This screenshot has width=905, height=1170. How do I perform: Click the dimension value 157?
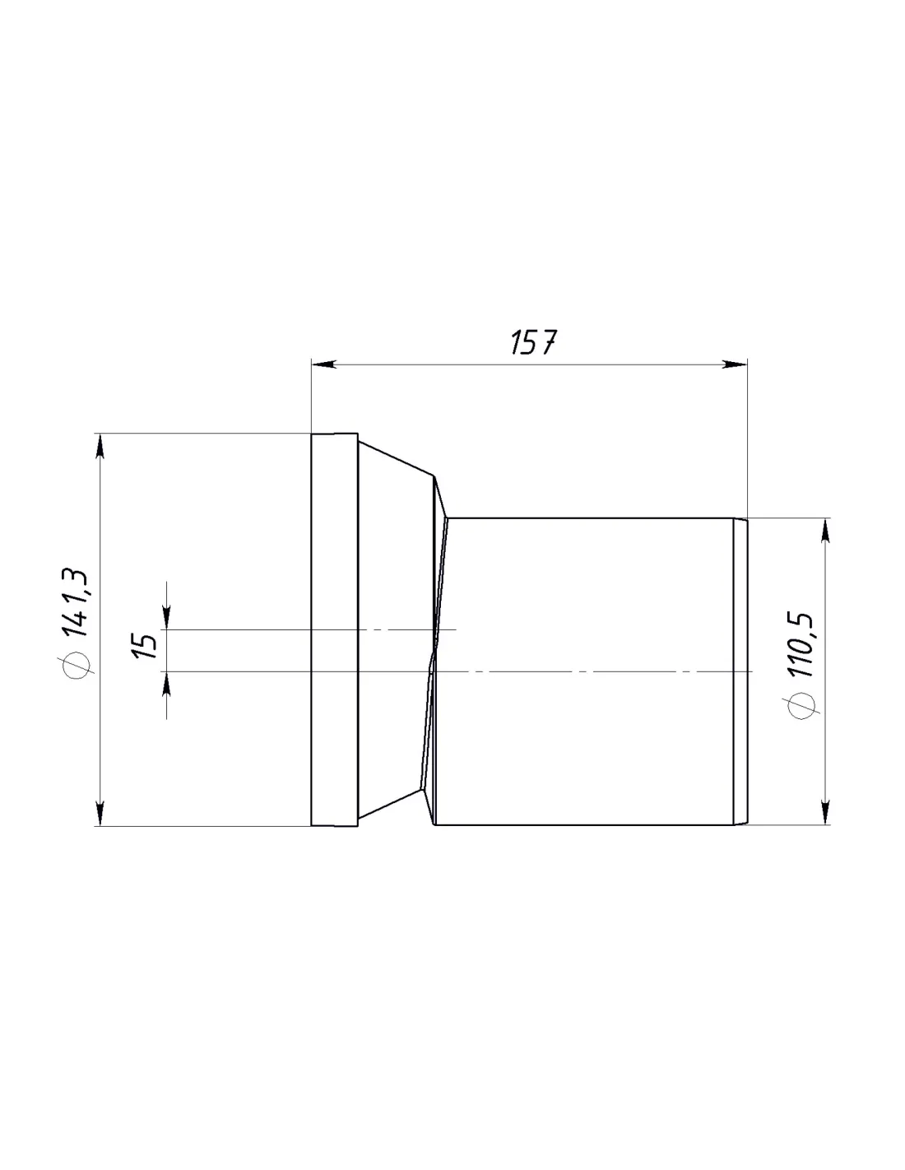coord(532,342)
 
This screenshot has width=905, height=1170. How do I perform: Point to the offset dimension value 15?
coord(144,646)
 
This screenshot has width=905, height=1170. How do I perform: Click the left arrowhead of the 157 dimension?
coord(324,364)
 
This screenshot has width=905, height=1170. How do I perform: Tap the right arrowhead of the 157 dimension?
coord(735,364)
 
